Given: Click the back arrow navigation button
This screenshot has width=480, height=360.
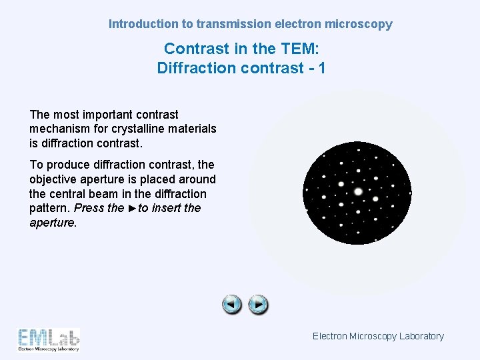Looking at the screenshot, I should pos(232,305).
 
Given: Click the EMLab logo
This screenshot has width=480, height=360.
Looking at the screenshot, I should pos(49,339).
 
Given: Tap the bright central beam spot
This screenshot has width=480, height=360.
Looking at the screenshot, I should pos(358,191).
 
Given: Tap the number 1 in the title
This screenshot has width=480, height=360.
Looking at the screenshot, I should pos(321,68).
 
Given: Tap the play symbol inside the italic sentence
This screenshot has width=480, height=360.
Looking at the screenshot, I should pos(132,208).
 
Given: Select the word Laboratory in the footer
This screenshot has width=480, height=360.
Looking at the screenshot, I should pos(421,336).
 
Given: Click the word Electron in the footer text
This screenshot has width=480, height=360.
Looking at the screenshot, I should pos(329,336).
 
